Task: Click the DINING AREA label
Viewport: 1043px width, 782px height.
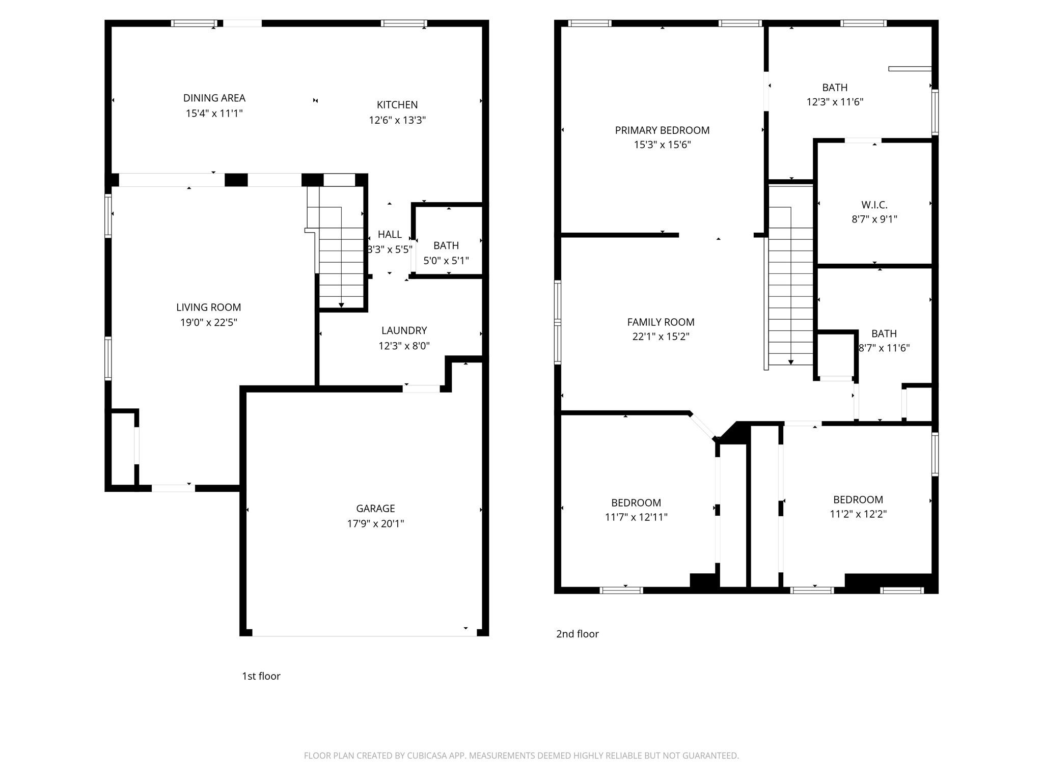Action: [x=214, y=98]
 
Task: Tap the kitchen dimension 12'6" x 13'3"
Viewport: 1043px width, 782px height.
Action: [x=397, y=120]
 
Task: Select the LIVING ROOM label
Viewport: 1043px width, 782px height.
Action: [x=208, y=307]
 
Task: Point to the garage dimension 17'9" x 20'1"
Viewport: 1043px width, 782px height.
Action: [x=375, y=523]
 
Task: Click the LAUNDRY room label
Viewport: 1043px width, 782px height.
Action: [x=404, y=330]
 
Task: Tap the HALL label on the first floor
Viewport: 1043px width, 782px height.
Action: [x=390, y=234]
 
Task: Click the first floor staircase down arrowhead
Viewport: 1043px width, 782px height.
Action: [x=341, y=305]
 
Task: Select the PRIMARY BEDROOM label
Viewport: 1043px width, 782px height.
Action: [x=662, y=130]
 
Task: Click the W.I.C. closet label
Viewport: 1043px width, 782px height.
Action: [x=874, y=205]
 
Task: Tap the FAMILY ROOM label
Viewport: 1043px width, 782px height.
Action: [x=661, y=322]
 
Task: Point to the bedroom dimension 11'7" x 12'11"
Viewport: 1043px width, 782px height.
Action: [x=636, y=517]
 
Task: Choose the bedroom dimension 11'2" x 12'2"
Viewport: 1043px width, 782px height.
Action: [x=858, y=514]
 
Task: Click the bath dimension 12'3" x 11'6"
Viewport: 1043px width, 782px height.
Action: [x=835, y=102]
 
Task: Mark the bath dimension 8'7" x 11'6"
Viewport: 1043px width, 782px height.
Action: [x=884, y=348]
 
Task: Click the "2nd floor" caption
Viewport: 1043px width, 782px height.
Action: [x=577, y=634]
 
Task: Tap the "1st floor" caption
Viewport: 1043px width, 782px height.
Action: [x=261, y=676]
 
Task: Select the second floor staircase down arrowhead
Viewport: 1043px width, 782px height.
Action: [x=791, y=362]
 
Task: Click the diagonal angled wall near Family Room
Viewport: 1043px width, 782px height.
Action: [x=703, y=426]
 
